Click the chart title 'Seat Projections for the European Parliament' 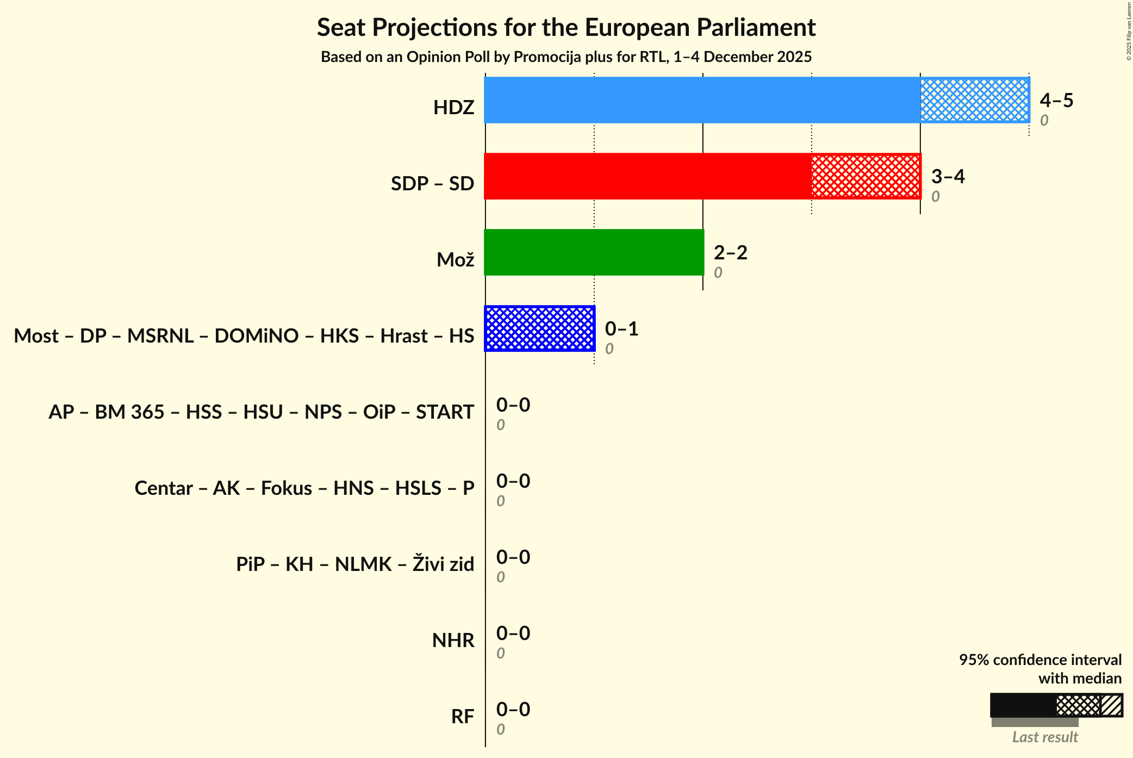[566, 28]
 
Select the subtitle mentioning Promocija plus [566, 57]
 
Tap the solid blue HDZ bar [702, 100]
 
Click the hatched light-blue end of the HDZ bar [974, 100]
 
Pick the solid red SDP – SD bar [648, 176]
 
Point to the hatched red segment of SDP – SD [866, 176]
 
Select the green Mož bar [594, 252]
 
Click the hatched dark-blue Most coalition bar [539, 328]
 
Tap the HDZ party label [453, 108]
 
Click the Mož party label [455, 260]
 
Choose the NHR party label [453, 641]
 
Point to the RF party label [462, 717]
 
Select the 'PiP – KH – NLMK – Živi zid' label [355, 564]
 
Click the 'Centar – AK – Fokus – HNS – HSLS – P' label [304, 488]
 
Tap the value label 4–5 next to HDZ [1056, 101]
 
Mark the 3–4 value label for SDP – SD [948, 177]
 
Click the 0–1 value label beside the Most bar [621, 329]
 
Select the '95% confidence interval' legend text [1040, 660]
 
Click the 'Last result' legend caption [1044, 737]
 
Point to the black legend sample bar [1023, 705]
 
